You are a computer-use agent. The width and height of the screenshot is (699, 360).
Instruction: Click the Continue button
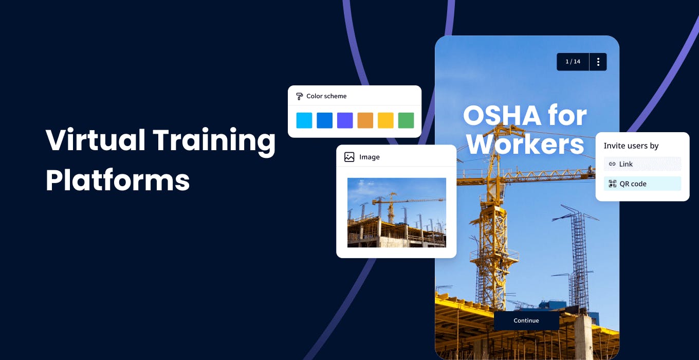click(526, 320)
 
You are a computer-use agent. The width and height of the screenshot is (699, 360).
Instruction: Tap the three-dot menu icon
click(598, 62)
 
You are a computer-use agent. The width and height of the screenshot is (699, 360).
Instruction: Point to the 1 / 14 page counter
click(573, 62)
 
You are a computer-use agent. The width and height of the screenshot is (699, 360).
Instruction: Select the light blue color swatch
click(304, 120)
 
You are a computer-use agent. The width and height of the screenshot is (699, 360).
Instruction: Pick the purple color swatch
click(345, 120)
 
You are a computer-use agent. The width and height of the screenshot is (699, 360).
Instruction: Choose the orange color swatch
click(365, 120)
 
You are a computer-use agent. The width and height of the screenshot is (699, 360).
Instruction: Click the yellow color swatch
click(385, 120)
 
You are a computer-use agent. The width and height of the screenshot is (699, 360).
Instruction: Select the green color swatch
click(406, 120)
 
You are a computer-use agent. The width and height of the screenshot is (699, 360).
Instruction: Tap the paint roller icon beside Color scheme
click(300, 96)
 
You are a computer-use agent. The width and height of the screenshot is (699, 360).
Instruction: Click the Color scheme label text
click(326, 96)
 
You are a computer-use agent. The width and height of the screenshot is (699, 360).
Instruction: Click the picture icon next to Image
click(349, 157)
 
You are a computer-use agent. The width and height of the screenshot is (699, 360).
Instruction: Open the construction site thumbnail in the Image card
click(396, 212)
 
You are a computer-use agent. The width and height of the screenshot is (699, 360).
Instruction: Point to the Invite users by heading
click(631, 146)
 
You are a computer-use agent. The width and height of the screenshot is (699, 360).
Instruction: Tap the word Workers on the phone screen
click(525, 144)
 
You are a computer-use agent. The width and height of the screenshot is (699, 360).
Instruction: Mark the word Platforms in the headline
click(118, 180)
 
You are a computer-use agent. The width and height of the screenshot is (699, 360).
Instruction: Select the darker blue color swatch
click(324, 120)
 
